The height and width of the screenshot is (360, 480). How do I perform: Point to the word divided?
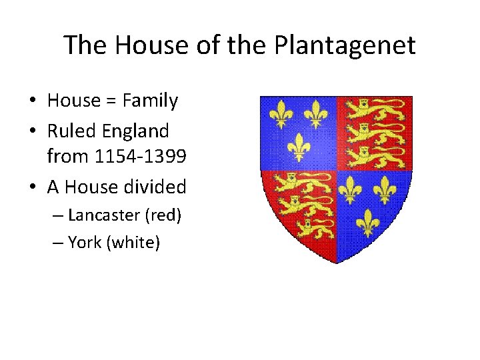[x=155, y=187]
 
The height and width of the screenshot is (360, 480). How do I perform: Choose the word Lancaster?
[x=102, y=215]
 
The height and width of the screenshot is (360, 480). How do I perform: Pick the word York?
[x=85, y=243]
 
